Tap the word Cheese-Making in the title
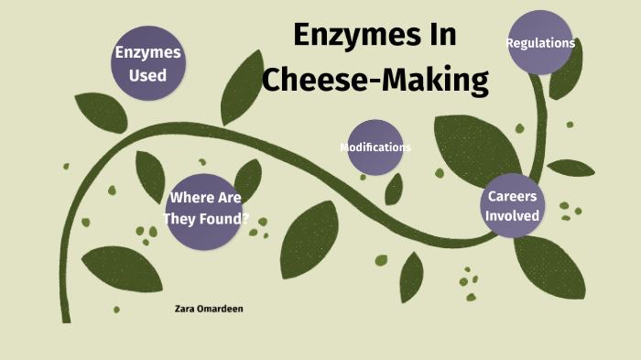click(x=375, y=80)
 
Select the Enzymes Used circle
click(x=147, y=63)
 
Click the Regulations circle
click(x=539, y=42)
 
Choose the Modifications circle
click(x=375, y=147)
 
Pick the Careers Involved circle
click(x=512, y=205)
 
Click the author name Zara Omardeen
click(x=208, y=309)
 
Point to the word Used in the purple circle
click(x=147, y=75)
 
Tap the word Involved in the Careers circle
click(x=512, y=216)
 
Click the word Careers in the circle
click(x=512, y=196)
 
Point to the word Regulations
click(x=540, y=42)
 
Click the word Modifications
click(x=375, y=147)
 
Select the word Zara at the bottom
click(x=183, y=309)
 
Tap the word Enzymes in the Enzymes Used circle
click(x=147, y=53)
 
